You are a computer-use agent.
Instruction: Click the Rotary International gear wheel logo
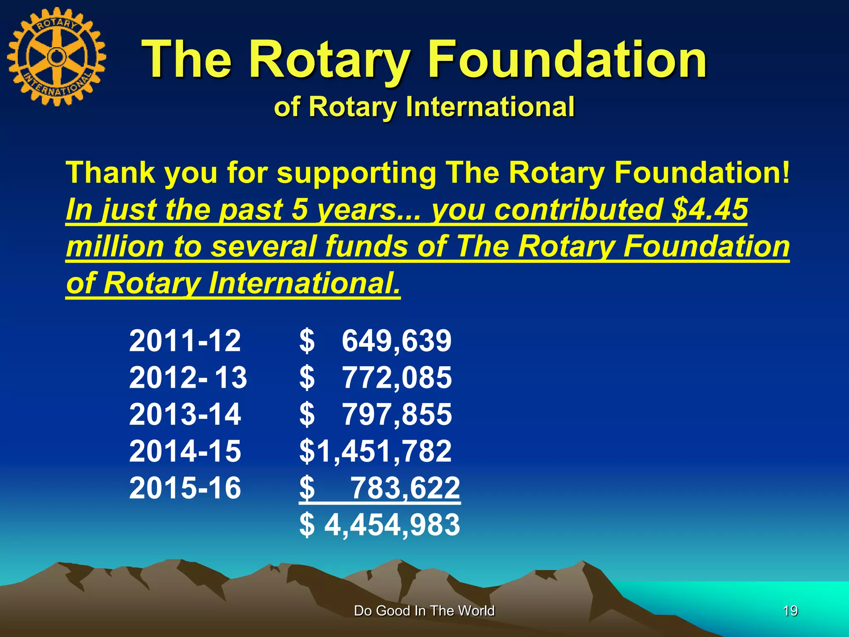point(57,57)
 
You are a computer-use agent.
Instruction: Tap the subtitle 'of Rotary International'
point(424,107)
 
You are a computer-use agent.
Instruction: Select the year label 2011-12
point(185,341)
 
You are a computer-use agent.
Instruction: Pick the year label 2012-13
point(188,377)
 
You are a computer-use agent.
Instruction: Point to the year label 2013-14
point(185,414)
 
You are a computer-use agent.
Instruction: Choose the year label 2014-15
point(185,451)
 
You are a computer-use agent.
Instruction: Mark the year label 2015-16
point(185,487)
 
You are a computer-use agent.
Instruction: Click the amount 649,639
point(396,341)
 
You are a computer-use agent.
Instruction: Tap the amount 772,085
point(397,377)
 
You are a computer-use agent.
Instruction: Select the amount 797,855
point(397,414)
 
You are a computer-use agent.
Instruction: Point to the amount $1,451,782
point(375,451)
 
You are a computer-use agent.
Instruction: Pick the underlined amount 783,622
point(405,488)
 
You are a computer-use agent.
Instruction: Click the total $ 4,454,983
point(379,525)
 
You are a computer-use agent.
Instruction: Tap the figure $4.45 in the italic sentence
point(709,209)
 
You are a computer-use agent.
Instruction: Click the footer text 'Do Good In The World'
point(424,611)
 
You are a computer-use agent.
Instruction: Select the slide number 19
point(791,611)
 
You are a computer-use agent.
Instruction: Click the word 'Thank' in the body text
point(110,173)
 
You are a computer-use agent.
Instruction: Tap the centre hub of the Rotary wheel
point(56,56)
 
